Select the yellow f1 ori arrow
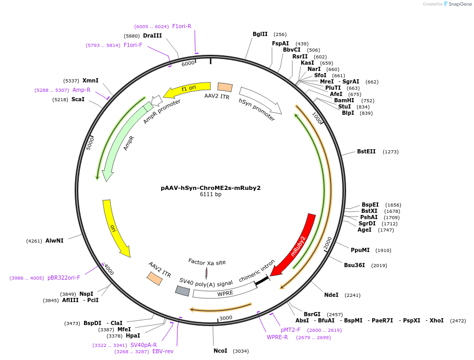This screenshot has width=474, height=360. pos(187,89)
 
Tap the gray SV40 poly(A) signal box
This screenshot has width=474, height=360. pos(183,291)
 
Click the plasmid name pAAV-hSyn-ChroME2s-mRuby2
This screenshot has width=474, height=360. pos(211,188)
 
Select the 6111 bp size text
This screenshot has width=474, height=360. pos(211,195)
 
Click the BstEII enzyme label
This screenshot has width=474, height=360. pos(366,152)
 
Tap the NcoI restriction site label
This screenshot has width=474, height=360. pos(220,351)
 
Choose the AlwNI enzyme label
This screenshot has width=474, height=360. pos(54,241)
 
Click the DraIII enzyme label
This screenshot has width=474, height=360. pos(152,35)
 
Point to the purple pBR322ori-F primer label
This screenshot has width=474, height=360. pos(64,278)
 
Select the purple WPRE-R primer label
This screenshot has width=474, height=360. pos(277,338)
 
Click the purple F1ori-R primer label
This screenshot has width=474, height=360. pos(182,26)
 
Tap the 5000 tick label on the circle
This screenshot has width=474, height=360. pos(90,143)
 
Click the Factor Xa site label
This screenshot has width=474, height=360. pos(207,262)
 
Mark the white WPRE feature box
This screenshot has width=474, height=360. pos(225,291)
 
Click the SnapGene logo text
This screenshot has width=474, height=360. pos(460,4)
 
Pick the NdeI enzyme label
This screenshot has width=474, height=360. pos(331,295)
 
